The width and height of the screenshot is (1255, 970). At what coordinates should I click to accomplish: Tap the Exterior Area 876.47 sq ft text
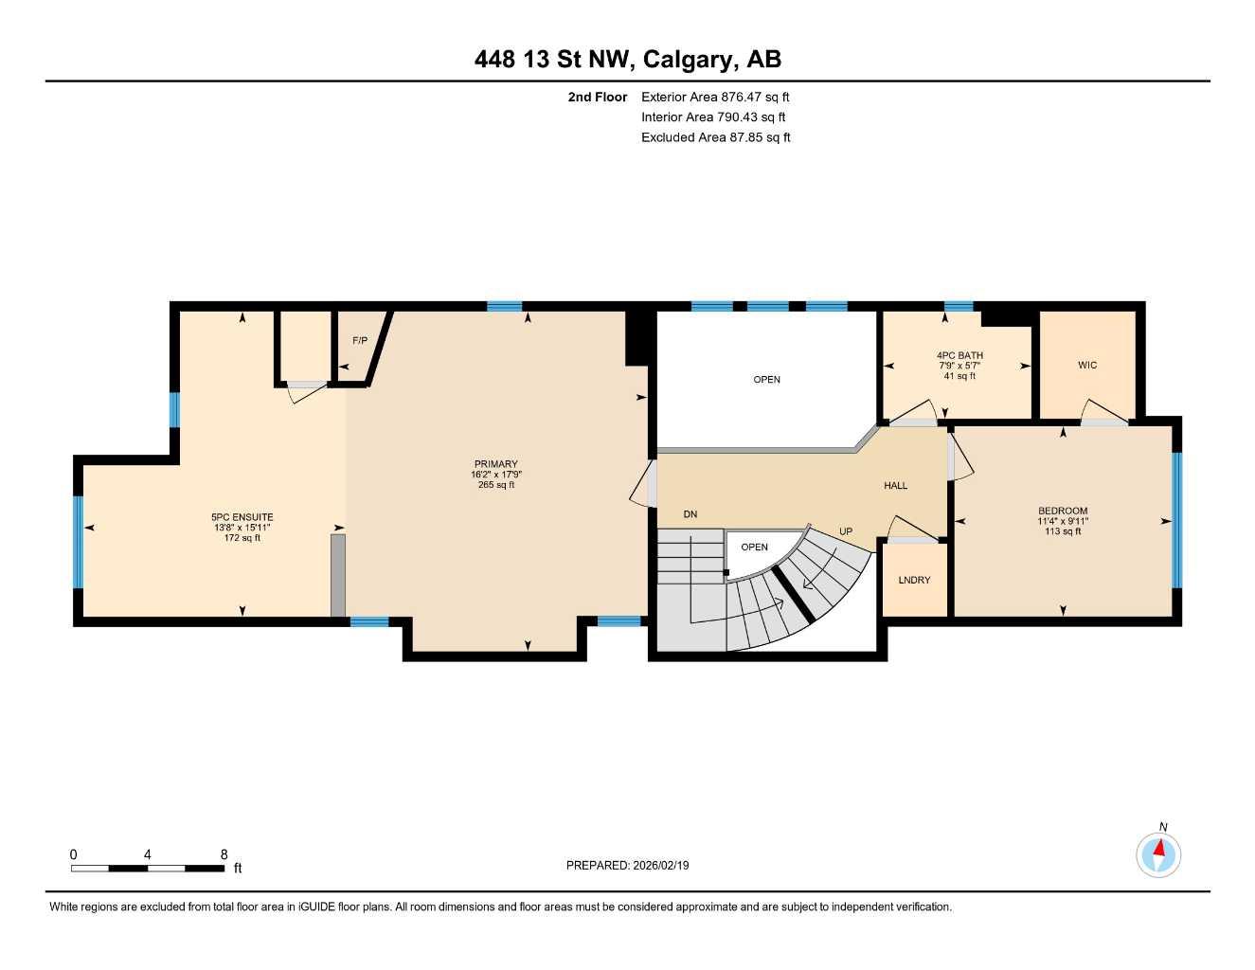click(715, 97)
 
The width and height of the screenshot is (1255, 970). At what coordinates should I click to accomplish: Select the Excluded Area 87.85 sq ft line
click(715, 137)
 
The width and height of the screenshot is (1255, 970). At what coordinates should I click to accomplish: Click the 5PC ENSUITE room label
click(242, 517)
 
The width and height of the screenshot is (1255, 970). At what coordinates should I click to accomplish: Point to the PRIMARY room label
click(495, 464)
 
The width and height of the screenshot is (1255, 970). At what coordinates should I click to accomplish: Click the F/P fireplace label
click(360, 340)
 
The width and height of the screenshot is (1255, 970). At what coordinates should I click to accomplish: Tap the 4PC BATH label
click(959, 355)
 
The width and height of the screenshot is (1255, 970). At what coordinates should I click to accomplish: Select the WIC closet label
click(1087, 365)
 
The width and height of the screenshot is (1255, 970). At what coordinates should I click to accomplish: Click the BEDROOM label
click(1063, 511)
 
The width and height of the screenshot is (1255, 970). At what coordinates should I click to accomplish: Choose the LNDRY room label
click(914, 580)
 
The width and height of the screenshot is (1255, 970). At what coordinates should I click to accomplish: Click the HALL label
click(895, 486)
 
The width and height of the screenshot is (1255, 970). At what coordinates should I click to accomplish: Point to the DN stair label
click(690, 514)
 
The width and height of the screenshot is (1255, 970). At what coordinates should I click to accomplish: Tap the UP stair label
click(846, 531)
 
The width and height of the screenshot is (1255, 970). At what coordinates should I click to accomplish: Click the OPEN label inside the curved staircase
click(754, 548)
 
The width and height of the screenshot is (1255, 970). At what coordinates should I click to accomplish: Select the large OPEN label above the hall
click(766, 380)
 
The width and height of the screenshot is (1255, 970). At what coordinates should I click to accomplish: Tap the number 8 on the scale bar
click(224, 854)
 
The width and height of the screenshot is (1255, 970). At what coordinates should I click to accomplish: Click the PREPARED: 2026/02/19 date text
click(627, 865)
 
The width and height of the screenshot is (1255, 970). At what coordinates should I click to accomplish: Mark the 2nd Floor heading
click(597, 97)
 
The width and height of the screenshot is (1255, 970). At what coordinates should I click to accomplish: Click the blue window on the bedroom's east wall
click(1177, 520)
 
